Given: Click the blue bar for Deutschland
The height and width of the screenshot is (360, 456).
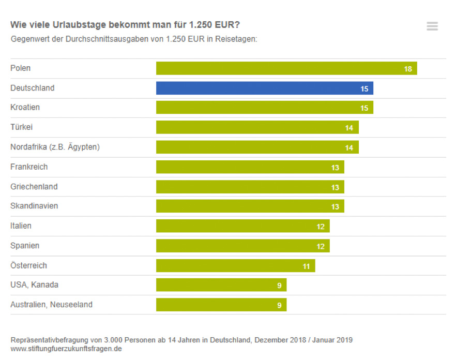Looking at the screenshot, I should click(x=264, y=88).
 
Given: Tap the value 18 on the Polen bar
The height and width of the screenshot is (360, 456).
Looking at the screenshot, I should click(x=408, y=69).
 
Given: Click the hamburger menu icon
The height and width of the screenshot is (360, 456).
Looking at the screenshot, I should click(x=432, y=26).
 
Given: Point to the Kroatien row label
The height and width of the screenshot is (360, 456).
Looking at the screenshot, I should click(x=25, y=108).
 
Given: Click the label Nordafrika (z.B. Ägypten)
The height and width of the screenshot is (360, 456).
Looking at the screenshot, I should click(x=55, y=147).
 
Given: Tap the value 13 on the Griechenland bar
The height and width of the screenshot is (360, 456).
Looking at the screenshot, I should click(x=335, y=187).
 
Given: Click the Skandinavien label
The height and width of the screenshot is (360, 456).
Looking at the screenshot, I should click(x=34, y=206).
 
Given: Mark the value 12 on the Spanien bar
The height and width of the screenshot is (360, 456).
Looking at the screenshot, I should click(x=321, y=246).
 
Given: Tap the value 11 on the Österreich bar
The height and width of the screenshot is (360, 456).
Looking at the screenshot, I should click(x=306, y=266).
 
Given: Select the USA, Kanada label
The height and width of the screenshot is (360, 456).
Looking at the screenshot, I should click(x=34, y=285).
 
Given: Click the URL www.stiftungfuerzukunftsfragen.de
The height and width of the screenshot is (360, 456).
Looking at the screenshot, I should click(x=66, y=349).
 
